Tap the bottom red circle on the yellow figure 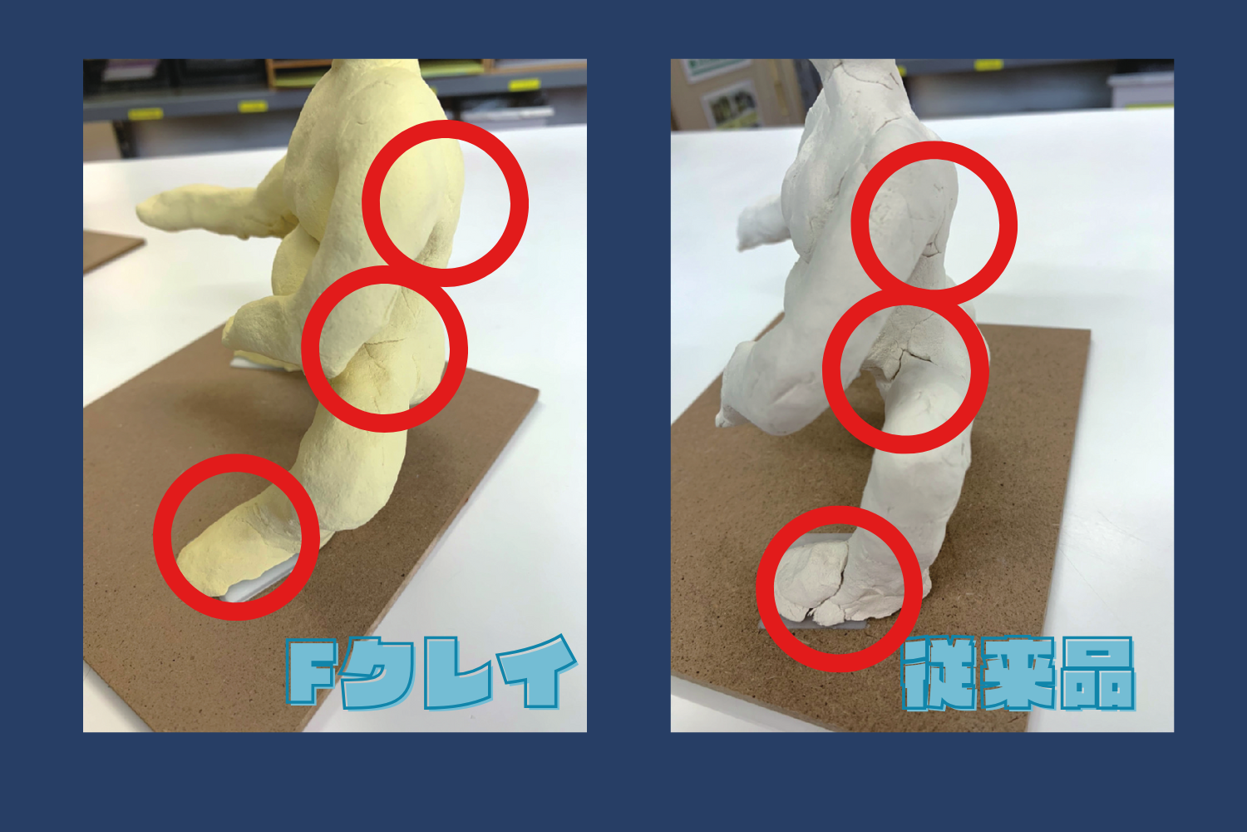pyautogui.click(x=162, y=536)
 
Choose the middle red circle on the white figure pyautogui.click(x=831, y=370)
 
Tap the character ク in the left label pyautogui.click(x=377, y=674)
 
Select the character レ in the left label pyautogui.click(x=457, y=673)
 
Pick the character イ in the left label pyautogui.click(x=537, y=671)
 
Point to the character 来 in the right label pyautogui.click(x=1018, y=674)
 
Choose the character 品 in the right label pyautogui.click(x=1097, y=674)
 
